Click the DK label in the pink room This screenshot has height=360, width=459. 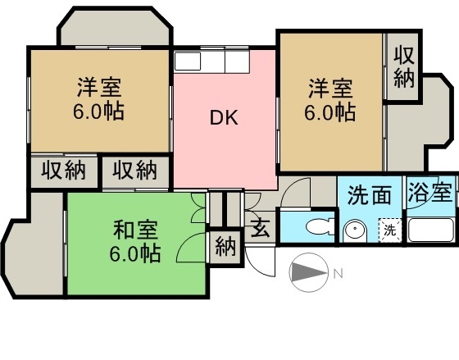(224, 118)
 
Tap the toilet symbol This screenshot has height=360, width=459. (320, 226)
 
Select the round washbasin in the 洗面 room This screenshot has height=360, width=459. (354, 231)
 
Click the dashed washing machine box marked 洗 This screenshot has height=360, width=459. (389, 230)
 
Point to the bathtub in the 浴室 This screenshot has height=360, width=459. (431, 230)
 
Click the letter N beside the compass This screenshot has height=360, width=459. (339, 274)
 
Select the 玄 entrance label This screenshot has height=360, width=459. (261, 229)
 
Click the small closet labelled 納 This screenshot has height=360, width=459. (225, 248)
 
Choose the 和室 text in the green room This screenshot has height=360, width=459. (135, 230)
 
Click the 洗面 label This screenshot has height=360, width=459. (370, 195)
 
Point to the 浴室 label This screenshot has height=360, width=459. (430, 192)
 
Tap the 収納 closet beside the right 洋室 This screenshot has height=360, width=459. (403, 66)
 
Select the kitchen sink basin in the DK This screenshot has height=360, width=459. (188, 62)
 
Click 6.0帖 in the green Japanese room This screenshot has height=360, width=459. (135, 253)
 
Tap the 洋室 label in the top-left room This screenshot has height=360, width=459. (99, 87)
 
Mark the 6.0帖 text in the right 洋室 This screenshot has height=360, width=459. (330, 112)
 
